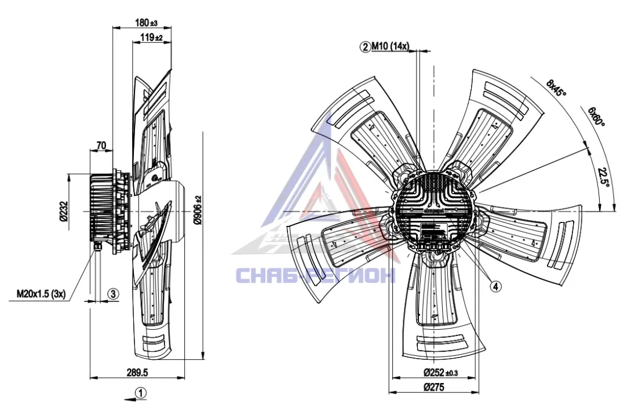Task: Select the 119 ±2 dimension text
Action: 151,38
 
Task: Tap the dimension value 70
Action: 101,145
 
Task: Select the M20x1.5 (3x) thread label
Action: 41,294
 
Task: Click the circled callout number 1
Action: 140,392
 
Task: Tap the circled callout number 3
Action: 113,294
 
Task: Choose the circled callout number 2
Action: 366,47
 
